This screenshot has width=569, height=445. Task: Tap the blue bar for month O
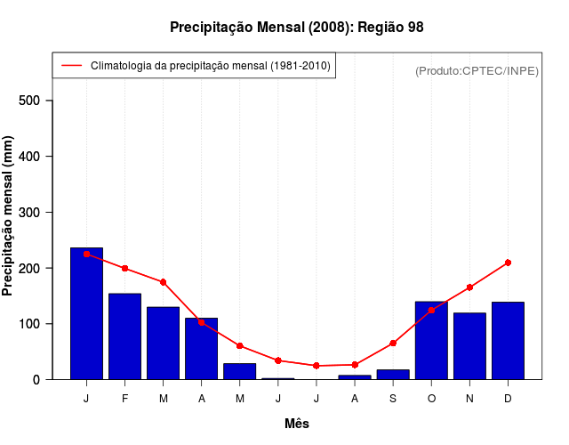431,341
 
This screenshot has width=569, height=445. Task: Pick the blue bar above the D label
508,341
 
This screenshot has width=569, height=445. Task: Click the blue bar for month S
393,375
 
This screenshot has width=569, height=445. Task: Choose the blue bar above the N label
469,346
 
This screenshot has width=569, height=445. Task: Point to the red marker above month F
124,268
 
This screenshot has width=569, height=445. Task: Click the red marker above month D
508,263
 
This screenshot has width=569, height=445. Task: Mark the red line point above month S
393,343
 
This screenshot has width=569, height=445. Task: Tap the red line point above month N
469,287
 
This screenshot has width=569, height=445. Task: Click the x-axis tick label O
431,399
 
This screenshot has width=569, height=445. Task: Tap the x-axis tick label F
124,399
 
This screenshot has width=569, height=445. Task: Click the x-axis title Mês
297,424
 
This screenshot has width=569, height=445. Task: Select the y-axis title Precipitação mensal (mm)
9,216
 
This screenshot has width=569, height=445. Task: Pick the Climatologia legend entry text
211,66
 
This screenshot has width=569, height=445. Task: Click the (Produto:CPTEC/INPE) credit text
477,70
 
